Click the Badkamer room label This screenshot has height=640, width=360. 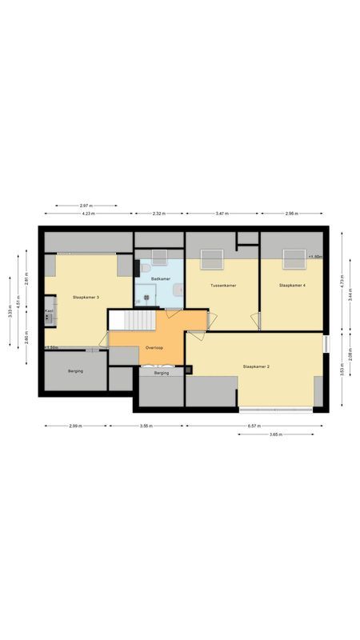point(160,278)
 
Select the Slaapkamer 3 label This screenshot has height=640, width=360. point(86,297)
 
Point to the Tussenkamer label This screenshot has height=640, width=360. point(222,286)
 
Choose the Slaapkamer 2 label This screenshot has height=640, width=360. point(256,366)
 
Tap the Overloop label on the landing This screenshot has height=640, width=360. point(154,348)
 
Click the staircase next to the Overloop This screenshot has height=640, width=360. point(128,320)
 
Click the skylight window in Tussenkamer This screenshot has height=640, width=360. point(212,259)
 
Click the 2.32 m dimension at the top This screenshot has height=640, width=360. point(158,214)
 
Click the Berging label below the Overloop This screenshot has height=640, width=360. point(162,373)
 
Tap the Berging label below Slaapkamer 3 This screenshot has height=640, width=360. point(76,371)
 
